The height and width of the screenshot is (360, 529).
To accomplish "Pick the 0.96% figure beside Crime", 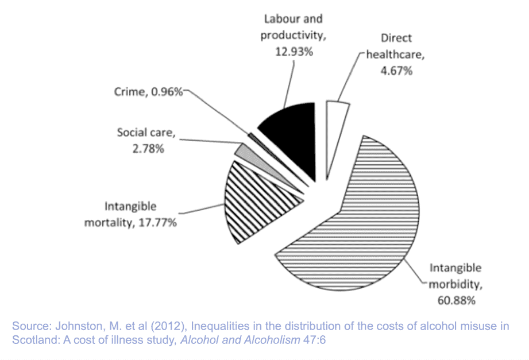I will click(x=166, y=91).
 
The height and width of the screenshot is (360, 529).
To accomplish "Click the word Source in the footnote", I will click(x=29, y=327).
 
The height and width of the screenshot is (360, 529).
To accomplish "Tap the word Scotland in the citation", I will click(x=30, y=339).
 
